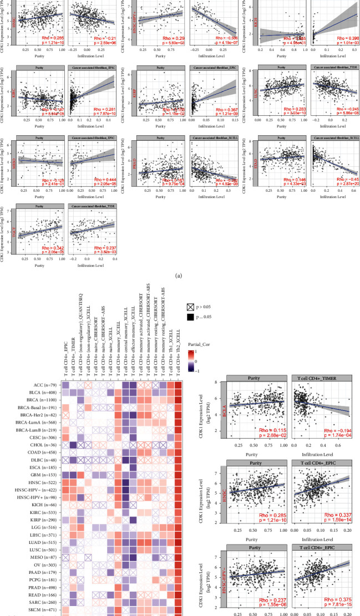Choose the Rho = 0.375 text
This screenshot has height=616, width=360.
click(x=334, y=600)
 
